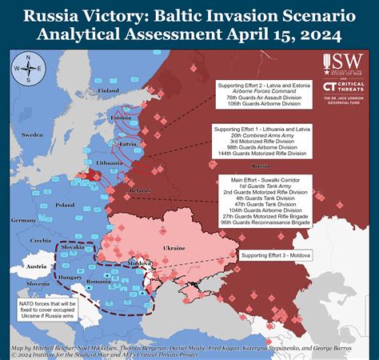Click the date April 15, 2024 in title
[274, 35]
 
